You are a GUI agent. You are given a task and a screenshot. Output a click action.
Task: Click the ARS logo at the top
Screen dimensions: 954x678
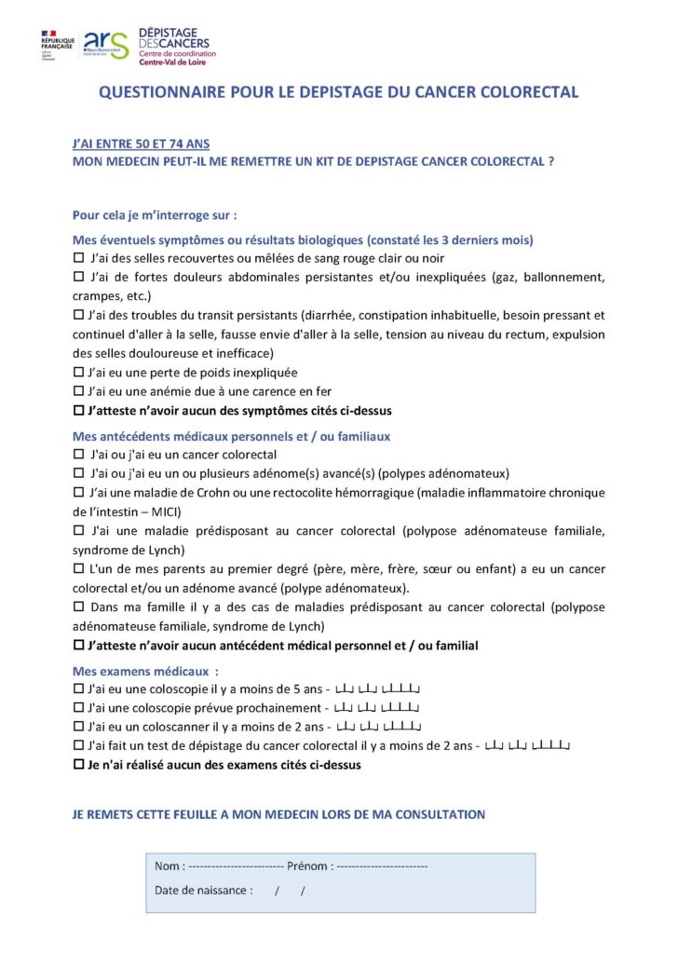pos(105,44)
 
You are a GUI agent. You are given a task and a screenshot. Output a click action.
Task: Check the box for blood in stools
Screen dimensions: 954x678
pos(78,258)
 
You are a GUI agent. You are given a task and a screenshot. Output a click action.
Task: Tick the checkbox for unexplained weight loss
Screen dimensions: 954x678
pos(78,373)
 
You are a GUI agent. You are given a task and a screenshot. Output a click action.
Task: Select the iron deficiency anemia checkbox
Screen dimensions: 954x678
pos(78,391)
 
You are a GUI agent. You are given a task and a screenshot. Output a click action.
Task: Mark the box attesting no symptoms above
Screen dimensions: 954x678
pos(78,411)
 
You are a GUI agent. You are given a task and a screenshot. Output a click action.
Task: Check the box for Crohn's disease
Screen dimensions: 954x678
pos(78,493)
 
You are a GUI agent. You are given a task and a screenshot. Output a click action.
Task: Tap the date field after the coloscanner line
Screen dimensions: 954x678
pos(378,728)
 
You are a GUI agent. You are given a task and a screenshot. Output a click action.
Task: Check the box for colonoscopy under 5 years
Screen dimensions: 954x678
pos(78,689)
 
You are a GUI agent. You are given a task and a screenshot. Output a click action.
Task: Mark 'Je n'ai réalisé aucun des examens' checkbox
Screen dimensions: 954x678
pos(78,766)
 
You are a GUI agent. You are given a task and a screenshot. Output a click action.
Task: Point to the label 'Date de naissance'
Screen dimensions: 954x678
pos(203,891)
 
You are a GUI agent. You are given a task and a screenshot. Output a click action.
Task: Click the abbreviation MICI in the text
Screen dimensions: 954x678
pos(165,511)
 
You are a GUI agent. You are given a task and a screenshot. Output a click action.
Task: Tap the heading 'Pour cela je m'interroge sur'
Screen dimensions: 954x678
pos(155,215)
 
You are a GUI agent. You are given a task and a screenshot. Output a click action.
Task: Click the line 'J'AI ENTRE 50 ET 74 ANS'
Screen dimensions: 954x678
pos(141,144)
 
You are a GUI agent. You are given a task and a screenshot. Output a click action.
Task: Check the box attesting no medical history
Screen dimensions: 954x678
pos(78,646)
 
